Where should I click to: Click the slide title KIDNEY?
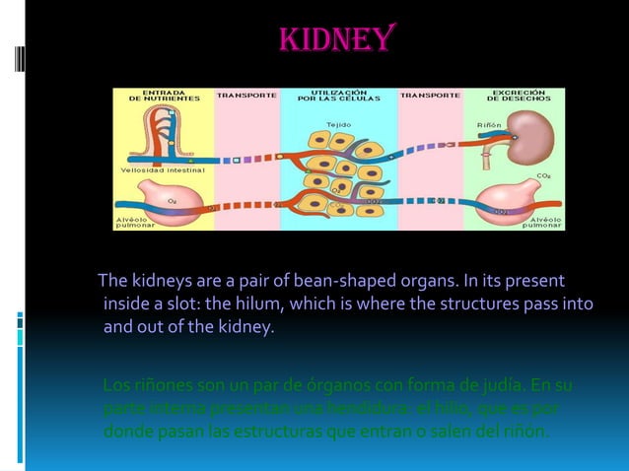click(338, 38)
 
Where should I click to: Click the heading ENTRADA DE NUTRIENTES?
click(162, 96)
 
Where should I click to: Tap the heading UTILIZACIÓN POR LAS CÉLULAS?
click(337, 96)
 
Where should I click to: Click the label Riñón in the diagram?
click(489, 125)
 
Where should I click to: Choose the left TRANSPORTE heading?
click(246, 96)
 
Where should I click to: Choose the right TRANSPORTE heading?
click(429, 96)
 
